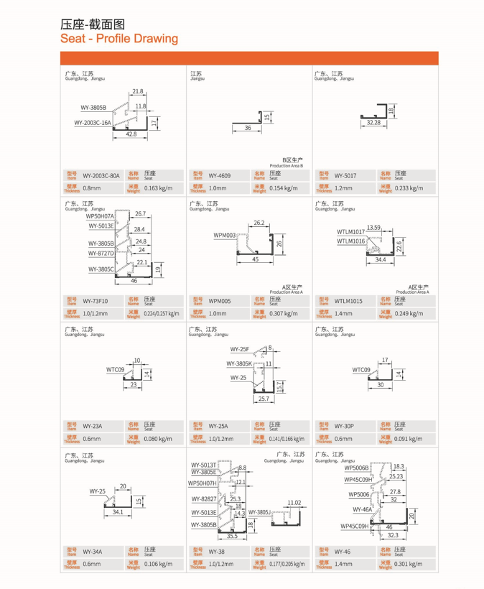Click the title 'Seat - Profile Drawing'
tap(119, 38)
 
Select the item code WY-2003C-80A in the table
tap(101, 175)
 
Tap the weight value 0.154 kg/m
tap(283, 188)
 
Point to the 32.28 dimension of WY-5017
tap(373, 123)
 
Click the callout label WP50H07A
tap(100, 215)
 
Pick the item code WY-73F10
tap(96, 301)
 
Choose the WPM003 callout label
tap(225, 235)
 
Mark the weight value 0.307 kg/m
tap(283, 314)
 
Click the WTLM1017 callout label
tap(350, 231)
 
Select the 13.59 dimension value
tap(374, 227)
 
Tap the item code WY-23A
tap(92, 426)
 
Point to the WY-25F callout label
tap(239, 349)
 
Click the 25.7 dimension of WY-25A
tap(263, 398)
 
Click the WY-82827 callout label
tap(203, 498)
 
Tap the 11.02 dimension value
tap(293, 503)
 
